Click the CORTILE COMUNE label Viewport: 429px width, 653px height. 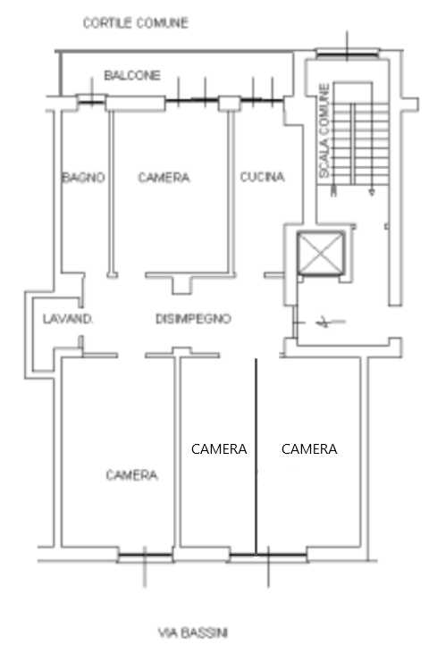point(135,22)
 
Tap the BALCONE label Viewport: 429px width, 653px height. point(132,75)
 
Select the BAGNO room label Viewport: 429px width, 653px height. point(83,178)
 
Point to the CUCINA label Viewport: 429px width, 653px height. point(263,177)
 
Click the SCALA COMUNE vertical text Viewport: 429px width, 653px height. point(324,131)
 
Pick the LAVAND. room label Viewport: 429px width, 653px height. point(67,319)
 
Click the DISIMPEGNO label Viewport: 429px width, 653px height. point(193,319)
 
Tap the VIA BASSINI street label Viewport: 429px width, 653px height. point(193,633)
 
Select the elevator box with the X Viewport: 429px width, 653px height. point(320,253)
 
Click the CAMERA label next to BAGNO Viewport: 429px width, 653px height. point(164,178)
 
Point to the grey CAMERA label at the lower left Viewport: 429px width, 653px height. point(131,474)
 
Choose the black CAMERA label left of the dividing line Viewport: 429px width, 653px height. point(219,449)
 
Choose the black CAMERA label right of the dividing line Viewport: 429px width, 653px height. point(309,449)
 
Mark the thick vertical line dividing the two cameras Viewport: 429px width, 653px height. point(256,456)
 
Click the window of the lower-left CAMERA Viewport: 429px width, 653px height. point(145,555)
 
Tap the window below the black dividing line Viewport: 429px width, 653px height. point(268,555)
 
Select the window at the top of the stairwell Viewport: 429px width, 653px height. point(348,53)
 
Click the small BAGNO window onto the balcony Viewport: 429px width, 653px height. point(91,100)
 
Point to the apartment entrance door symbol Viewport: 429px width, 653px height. point(321,322)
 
